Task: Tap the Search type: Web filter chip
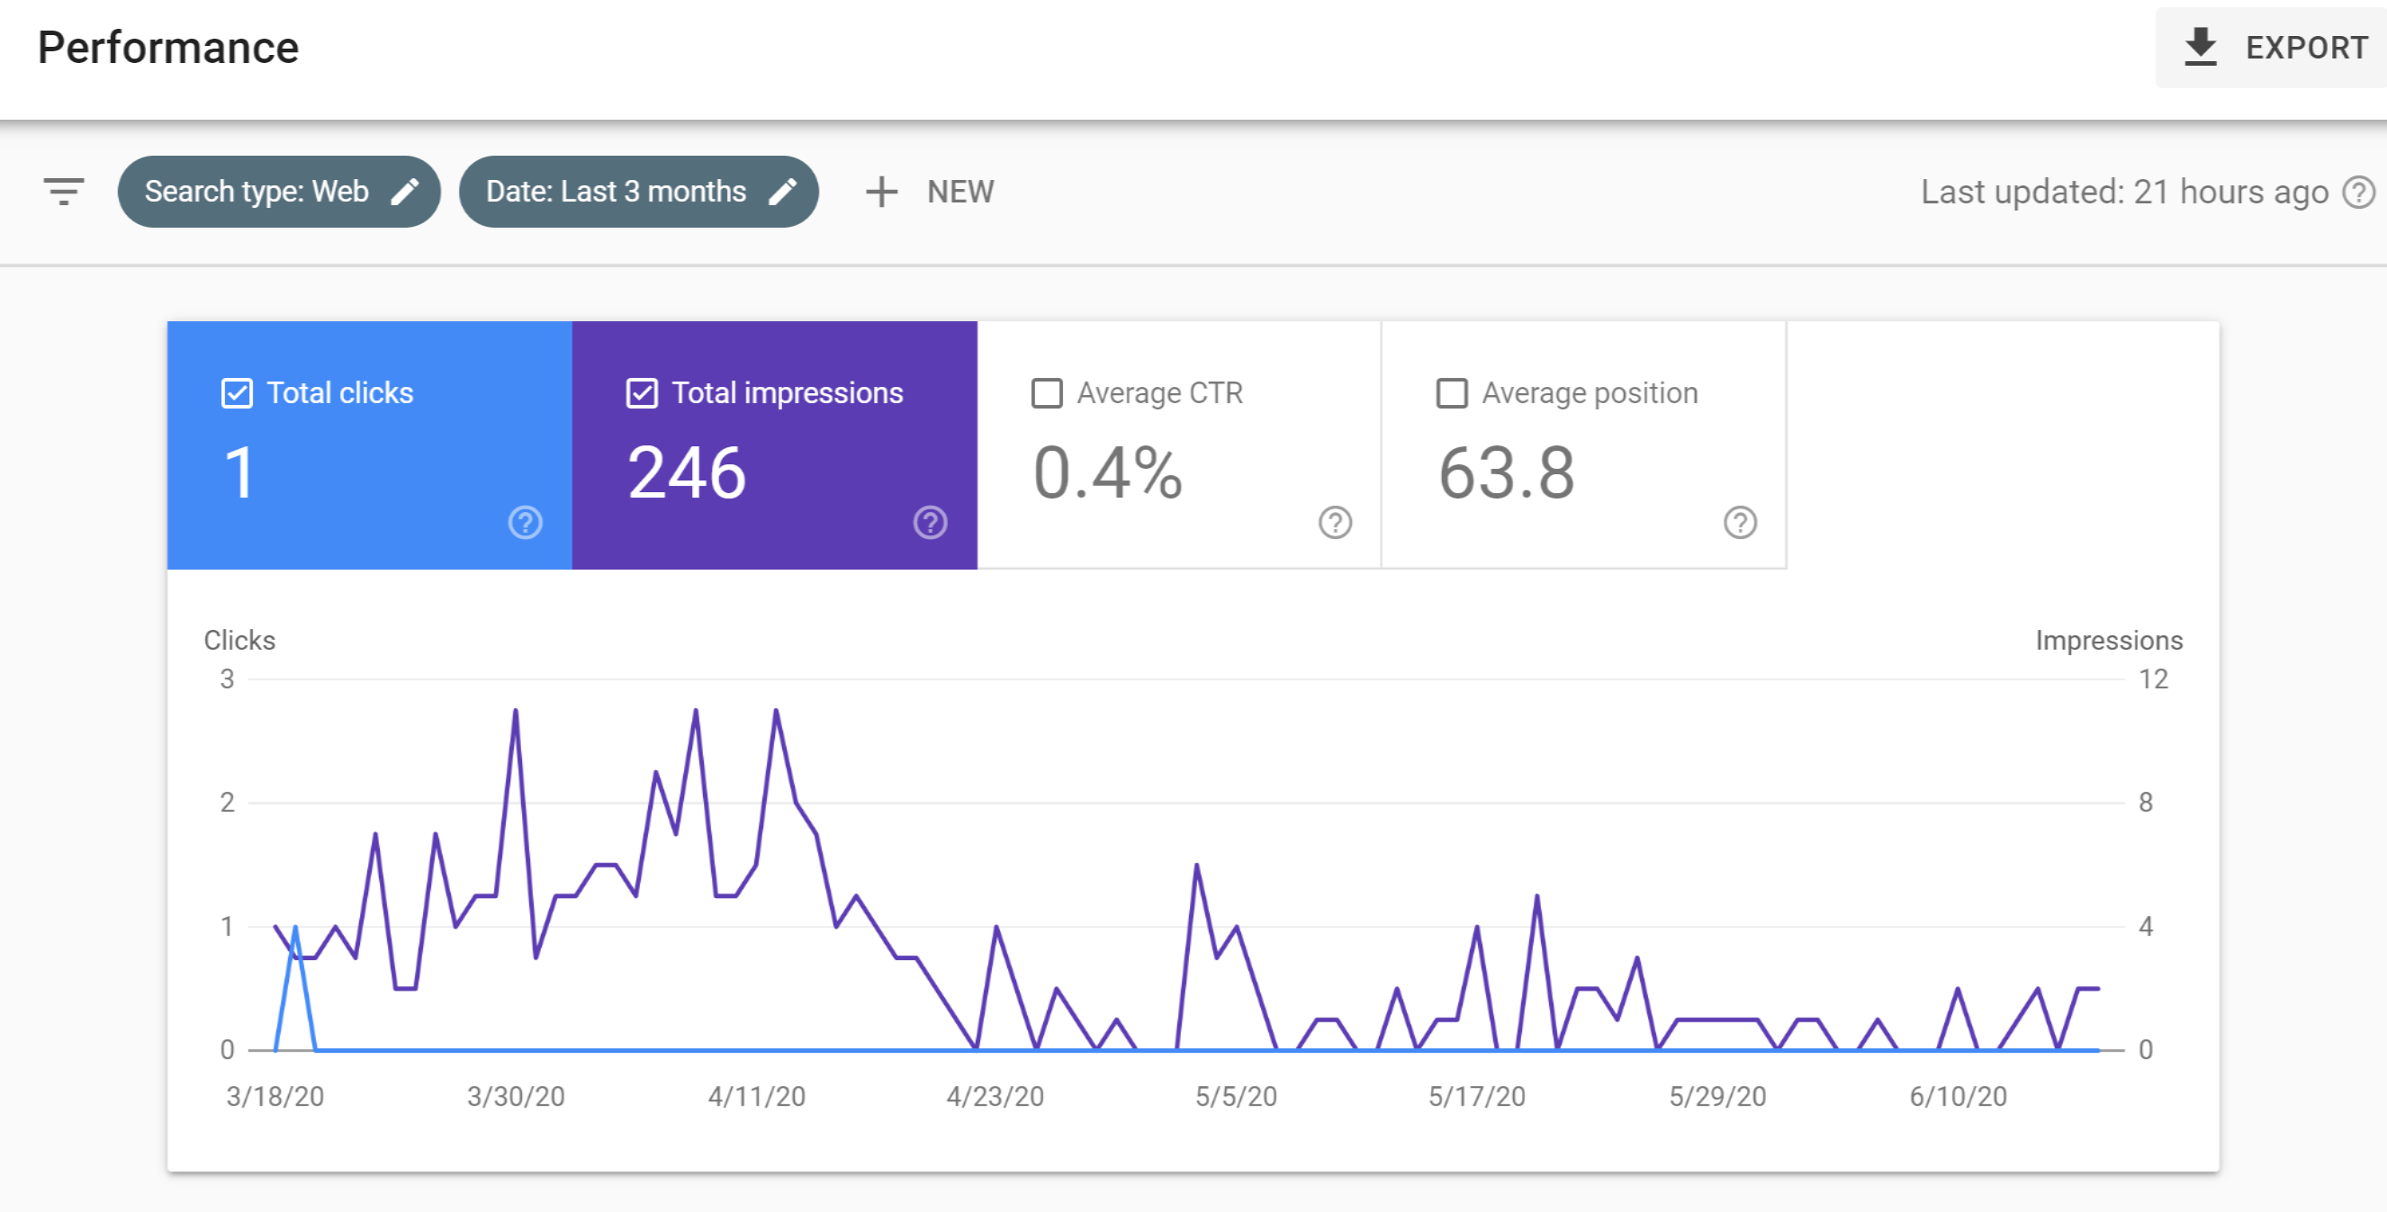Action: click(x=279, y=192)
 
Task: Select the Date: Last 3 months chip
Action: click(x=638, y=192)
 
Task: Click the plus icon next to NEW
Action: click(x=881, y=192)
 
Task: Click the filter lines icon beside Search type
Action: click(x=64, y=192)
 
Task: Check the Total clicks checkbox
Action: click(x=238, y=393)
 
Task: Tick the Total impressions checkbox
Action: click(x=642, y=393)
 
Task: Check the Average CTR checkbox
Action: click(x=1047, y=393)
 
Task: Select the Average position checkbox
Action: click(x=1452, y=393)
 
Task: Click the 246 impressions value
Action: click(x=687, y=472)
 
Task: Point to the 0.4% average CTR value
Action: click(x=1108, y=472)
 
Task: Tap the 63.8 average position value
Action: click(x=1507, y=472)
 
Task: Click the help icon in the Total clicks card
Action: click(x=526, y=523)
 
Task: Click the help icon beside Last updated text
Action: click(x=2359, y=192)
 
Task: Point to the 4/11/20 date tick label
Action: click(x=756, y=1096)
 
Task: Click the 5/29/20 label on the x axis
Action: click(x=1717, y=1096)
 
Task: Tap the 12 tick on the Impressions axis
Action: click(x=2153, y=679)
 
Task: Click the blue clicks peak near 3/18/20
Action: click(x=295, y=928)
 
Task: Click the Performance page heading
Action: click(x=167, y=48)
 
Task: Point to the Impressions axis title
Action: click(x=2109, y=641)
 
